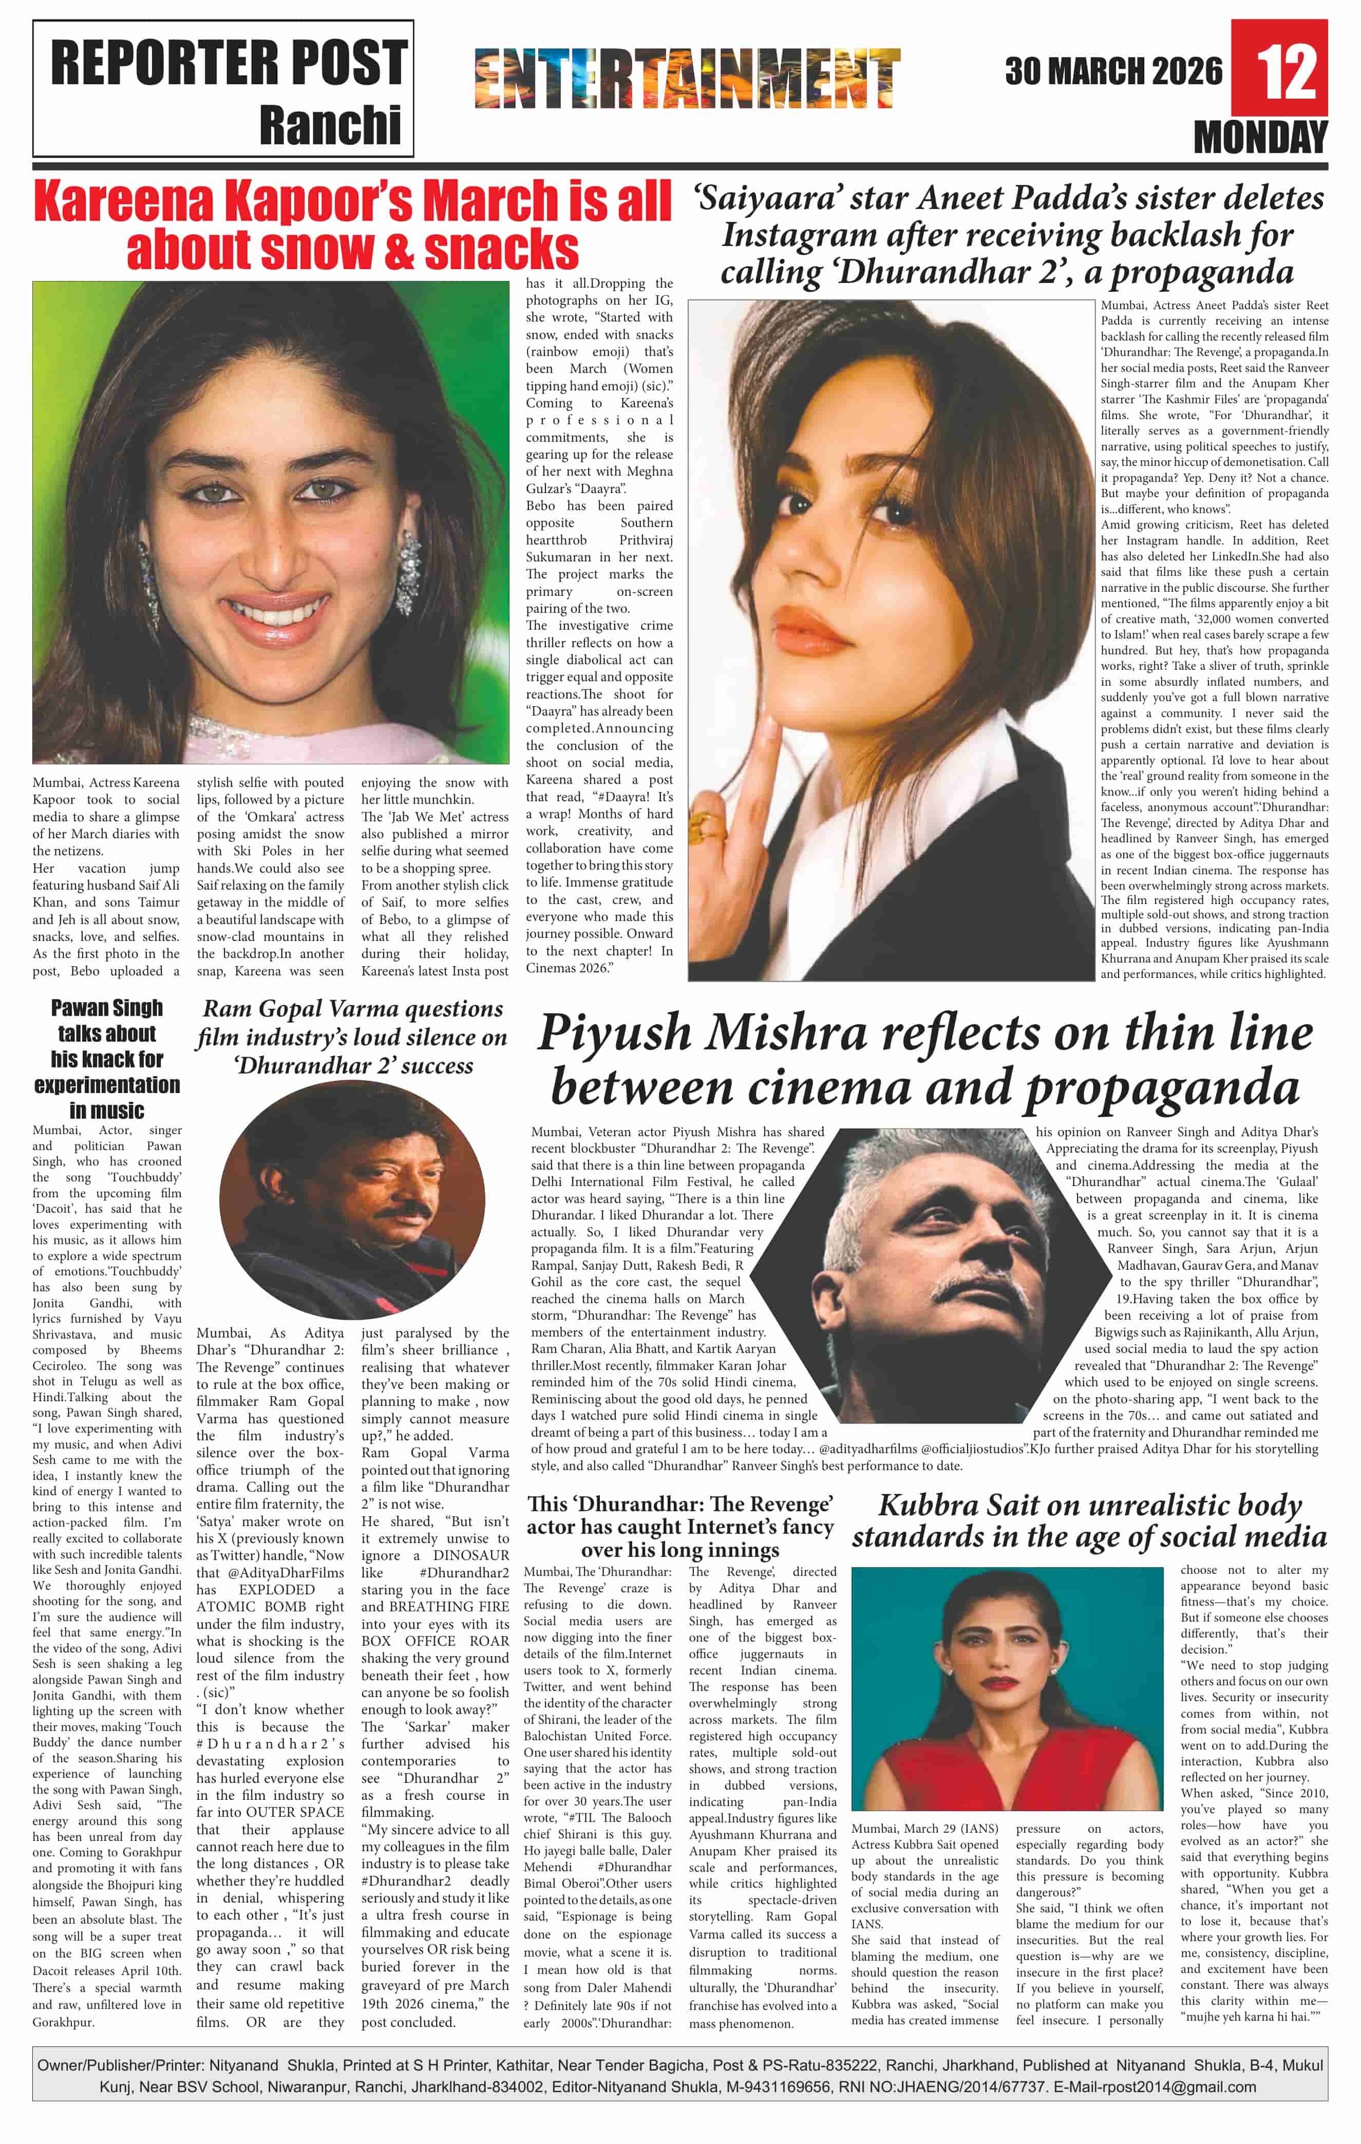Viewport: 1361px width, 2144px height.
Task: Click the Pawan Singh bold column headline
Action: tap(107, 1059)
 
